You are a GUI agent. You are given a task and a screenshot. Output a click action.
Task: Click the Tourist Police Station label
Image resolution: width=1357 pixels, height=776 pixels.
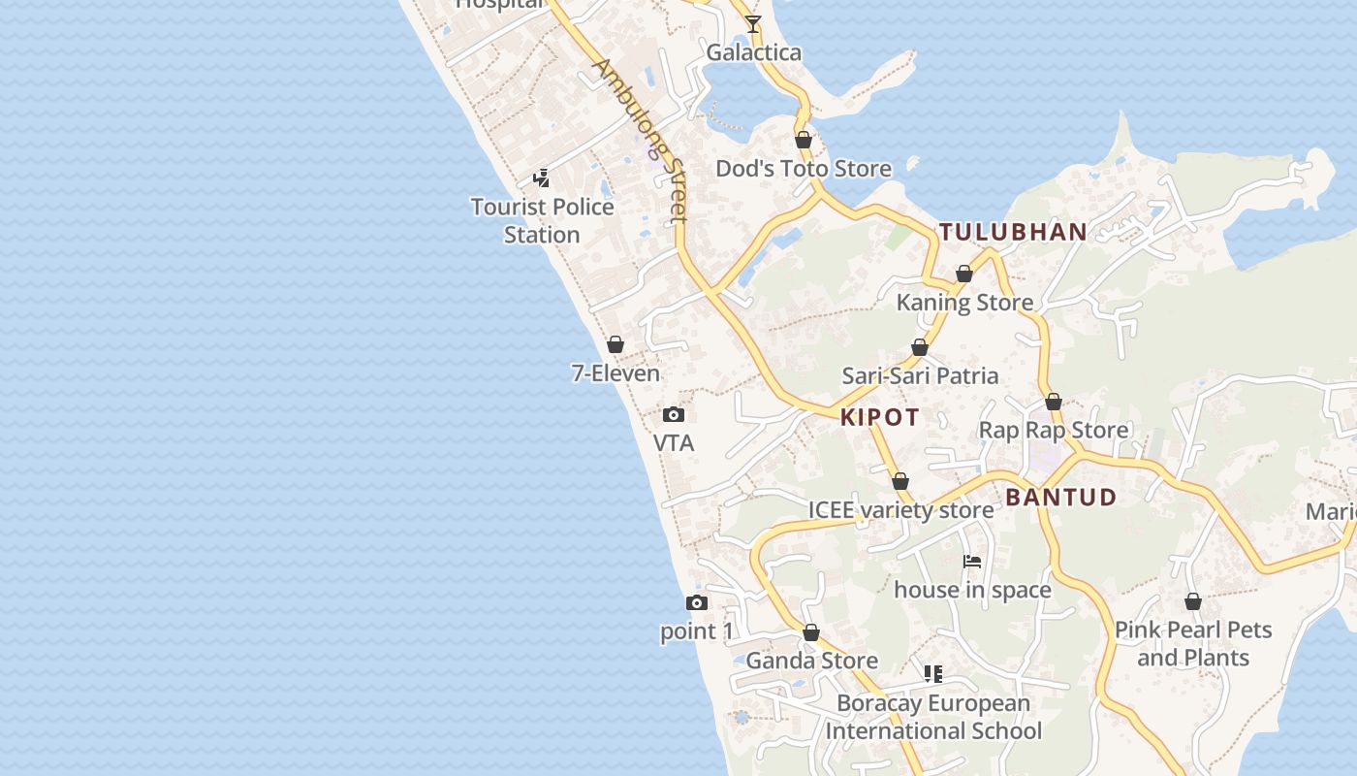point(542,220)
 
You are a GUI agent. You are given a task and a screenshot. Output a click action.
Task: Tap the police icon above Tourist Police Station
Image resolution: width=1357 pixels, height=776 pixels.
point(542,178)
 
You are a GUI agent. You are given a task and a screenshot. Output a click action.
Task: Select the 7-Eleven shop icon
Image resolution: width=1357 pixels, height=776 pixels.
point(615,344)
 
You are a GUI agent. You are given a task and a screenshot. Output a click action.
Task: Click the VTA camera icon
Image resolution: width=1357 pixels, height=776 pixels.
point(674,415)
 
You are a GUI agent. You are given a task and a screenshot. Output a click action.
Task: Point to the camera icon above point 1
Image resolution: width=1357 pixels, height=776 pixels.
point(696,603)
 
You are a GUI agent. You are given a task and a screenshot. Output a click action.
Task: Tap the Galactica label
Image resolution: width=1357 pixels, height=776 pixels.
point(753,52)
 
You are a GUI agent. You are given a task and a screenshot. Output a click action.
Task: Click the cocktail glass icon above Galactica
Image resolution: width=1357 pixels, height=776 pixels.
point(753,24)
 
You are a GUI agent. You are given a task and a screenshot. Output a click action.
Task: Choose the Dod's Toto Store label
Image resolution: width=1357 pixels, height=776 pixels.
point(804,169)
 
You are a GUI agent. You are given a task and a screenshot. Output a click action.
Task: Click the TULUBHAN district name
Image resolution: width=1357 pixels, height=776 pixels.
point(1013,232)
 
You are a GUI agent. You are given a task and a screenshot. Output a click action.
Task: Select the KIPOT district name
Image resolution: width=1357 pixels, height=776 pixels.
point(880,417)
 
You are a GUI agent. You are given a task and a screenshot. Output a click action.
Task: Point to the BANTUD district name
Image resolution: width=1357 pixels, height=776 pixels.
point(1061,498)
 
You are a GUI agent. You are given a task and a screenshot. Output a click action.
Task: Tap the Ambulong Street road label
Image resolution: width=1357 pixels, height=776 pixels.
point(641,142)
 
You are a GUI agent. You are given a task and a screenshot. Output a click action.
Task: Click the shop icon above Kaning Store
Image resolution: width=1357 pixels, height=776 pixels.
point(963,275)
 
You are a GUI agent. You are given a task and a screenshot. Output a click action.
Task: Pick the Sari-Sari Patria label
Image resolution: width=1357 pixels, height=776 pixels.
point(920,375)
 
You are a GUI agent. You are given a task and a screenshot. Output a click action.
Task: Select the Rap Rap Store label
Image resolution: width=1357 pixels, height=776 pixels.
point(1054,430)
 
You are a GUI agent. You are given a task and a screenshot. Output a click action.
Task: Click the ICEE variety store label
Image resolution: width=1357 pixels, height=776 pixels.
point(900,510)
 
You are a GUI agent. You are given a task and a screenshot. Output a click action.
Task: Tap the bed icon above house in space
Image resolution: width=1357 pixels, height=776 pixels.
point(972,562)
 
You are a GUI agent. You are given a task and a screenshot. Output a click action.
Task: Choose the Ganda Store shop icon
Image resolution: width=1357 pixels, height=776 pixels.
point(811,633)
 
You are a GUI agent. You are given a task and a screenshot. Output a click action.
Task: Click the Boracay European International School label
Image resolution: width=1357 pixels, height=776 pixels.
point(933,717)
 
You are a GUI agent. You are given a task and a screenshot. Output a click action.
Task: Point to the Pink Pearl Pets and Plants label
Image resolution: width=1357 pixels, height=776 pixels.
point(1193,643)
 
